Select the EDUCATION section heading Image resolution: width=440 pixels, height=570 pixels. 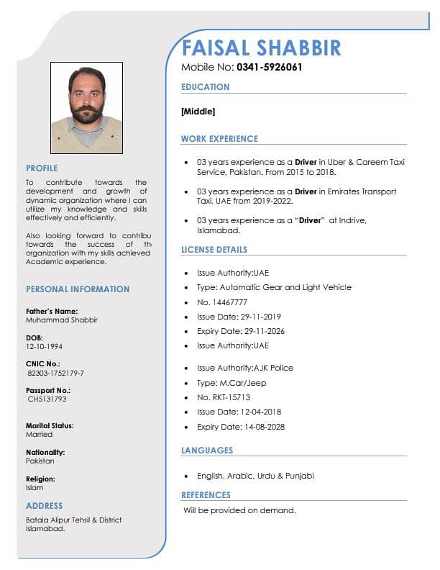point(205,87)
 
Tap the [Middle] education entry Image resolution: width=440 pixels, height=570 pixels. point(198,112)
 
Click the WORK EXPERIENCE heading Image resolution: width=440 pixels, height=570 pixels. point(219,139)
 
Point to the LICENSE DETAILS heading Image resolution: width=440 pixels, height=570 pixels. point(214,250)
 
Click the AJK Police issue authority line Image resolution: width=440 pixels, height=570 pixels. point(245,368)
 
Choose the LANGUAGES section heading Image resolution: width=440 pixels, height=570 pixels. point(207,451)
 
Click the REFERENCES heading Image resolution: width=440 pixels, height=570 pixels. point(206,495)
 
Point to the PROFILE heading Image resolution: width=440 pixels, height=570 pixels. point(42,168)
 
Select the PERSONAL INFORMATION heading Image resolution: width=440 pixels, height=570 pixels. point(78,289)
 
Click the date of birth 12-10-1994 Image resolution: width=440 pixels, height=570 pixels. point(44,346)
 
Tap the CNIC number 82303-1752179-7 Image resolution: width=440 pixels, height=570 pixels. point(55,373)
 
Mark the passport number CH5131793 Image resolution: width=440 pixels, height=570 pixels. point(47,399)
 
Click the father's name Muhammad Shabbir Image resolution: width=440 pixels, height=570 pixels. point(61,320)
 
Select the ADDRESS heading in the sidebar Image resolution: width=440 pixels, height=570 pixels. point(45,506)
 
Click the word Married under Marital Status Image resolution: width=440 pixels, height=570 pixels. point(39,435)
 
